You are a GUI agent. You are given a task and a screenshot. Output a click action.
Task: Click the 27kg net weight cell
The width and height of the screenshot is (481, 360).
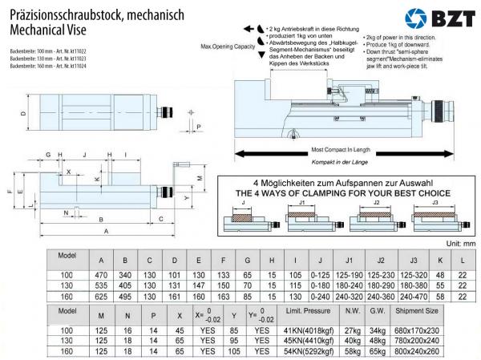click(352, 330)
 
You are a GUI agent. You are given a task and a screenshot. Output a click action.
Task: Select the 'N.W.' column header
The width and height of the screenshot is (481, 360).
click(352, 310)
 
